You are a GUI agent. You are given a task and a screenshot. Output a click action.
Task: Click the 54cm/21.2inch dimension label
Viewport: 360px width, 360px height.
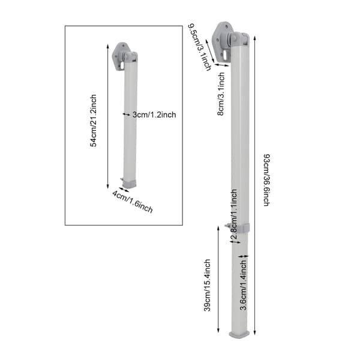point(93,121)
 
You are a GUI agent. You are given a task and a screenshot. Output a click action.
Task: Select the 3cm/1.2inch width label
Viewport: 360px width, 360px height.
point(154,115)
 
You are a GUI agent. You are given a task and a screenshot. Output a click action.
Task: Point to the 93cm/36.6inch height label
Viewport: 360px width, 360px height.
point(266,180)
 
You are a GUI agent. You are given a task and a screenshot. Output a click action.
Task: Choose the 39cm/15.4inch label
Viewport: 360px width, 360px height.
point(207,285)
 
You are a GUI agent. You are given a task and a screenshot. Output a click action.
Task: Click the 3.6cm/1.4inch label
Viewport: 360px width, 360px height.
point(244,285)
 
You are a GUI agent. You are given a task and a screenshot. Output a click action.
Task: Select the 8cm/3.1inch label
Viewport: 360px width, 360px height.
point(221,94)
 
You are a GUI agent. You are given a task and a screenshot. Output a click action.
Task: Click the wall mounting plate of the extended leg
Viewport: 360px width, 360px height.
point(221,41)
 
